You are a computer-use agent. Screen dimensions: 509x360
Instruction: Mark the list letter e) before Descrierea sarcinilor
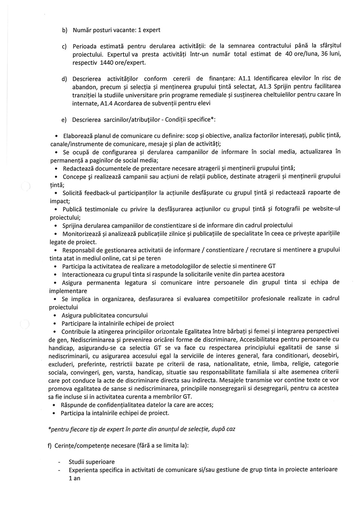pos(63,120)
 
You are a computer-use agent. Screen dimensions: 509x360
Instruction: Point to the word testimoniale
pos(99,209)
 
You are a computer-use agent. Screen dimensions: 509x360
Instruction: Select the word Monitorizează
pos(82,234)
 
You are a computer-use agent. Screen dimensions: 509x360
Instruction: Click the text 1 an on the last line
pos(74,478)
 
